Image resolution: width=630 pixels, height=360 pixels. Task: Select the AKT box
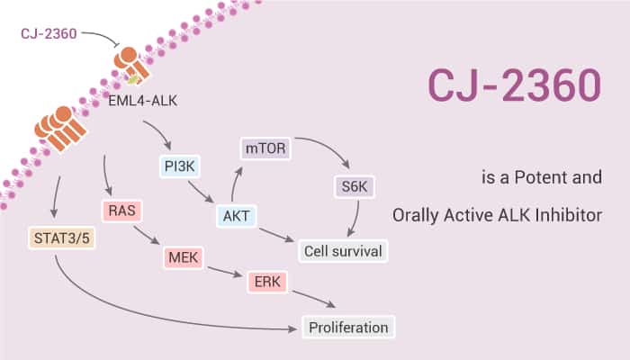pyautogui.click(x=236, y=216)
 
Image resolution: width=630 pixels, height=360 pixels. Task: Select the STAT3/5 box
pyautogui.click(x=57, y=239)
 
